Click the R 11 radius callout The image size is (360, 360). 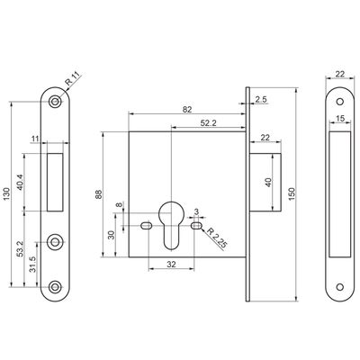click(x=74, y=79)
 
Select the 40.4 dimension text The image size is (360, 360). click(x=20, y=182)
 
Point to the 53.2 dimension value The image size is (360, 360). click(x=20, y=249)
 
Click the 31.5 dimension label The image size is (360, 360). click(x=32, y=264)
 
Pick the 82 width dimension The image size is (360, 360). click(x=187, y=110)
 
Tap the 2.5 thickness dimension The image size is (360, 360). click(x=261, y=99)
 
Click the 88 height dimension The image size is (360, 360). click(x=99, y=194)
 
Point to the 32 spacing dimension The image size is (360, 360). click(x=171, y=265)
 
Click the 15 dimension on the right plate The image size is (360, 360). click(x=340, y=118)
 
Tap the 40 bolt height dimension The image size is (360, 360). click(x=268, y=183)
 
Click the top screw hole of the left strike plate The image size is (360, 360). click(x=55, y=102)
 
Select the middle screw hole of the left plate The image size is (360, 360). click(x=55, y=242)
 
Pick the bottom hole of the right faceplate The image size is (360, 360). click(x=340, y=287)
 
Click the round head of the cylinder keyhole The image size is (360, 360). click(x=171, y=212)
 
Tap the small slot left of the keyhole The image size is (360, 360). click(x=146, y=225)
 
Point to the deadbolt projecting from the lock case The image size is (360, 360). click(x=265, y=182)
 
